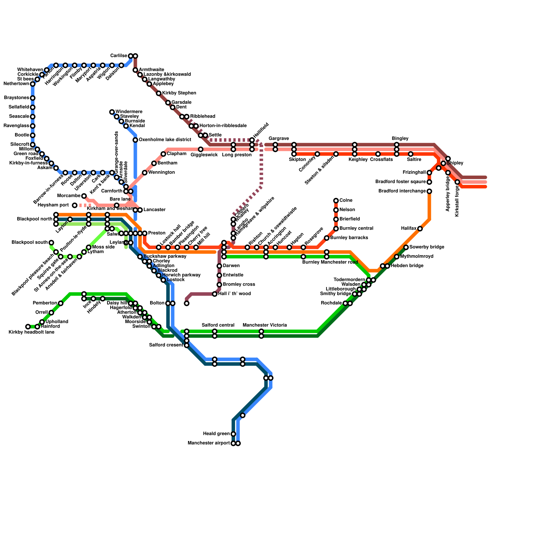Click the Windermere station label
click(x=129, y=112)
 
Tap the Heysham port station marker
click(x=75, y=205)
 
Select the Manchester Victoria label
click(x=265, y=325)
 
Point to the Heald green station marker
click(x=233, y=434)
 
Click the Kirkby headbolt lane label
click(x=31, y=332)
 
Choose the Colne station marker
click(x=336, y=201)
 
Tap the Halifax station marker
click(x=420, y=229)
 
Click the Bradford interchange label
click(x=402, y=191)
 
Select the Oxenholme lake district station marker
click(x=135, y=140)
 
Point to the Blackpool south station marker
click(x=51, y=243)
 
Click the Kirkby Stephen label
click(x=179, y=93)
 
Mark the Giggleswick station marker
click(x=201, y=149)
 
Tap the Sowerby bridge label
click(x=427, y=247)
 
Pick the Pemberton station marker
click(x=61, y=303)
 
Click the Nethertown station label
click(x=16, y=84)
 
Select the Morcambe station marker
click(x=84, y=196)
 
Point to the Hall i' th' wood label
click(x=234, y=294)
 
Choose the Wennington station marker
click(x=145, y=173)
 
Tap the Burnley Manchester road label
click(x=330, y=262)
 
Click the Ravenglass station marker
click(x=33, y=126)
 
